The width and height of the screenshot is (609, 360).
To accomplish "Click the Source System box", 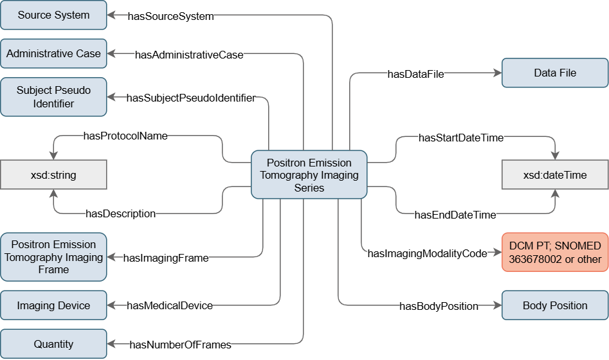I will [x=53, y=15].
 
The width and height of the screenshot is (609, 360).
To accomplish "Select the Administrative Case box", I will [x=53, y=54].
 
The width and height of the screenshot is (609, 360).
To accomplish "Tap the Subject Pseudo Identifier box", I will [x=53, y=97].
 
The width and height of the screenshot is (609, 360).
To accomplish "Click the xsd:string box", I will [x=53, y=175].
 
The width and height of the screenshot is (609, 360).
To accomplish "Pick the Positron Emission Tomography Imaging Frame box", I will [x=53, y=257].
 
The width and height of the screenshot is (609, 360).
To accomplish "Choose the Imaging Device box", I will [x=53, y=305].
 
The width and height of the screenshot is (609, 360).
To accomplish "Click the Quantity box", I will [x=53, y=344].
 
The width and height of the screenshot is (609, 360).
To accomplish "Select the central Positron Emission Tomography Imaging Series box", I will [x=309, y=175].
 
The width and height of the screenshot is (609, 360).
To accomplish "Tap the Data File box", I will [x=554, y=73].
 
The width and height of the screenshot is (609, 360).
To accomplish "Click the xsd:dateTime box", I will [x=554, y=175].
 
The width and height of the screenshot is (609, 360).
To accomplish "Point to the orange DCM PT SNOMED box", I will [x=554, y=253].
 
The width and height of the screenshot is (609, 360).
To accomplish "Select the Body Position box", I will [x=554, y=305].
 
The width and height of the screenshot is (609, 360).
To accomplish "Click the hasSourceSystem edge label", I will [x=170, y=17].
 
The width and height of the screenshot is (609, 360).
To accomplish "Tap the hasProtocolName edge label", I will [x=125, y=136].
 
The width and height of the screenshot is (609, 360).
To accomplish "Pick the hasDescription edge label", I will [x=120, y=213].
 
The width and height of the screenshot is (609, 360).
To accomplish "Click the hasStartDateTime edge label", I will [x=460, y=138].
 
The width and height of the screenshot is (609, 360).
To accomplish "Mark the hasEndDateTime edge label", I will [x=455, y=215].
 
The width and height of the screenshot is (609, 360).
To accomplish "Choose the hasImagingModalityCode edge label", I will [x=427, y=254].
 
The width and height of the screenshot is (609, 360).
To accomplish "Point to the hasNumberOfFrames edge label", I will [x=180, y=345].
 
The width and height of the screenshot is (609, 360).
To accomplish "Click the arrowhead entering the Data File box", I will [x=497, y=74].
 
